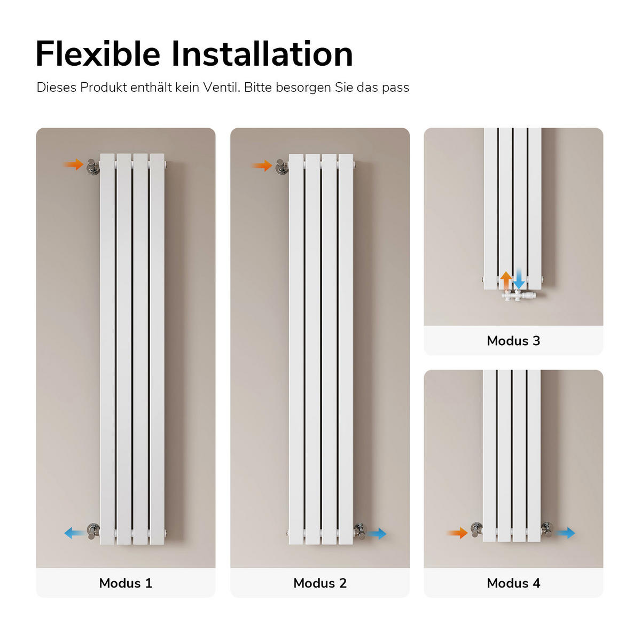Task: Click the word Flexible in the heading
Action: pyautogui.click(x=98, y=54)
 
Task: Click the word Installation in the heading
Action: pyautogui.click(x=262, y=54)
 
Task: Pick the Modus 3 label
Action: pyautogui.click(x=513, y=341)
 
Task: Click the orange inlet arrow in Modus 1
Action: pyautogui.click(x=73, y=165)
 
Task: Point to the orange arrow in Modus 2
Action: pyautogui.click(x=262, y=165)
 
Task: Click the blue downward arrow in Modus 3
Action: pyautogui.click(x=519, y=280)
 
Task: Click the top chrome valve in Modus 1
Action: pyautogui.click(x=92, y=166)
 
